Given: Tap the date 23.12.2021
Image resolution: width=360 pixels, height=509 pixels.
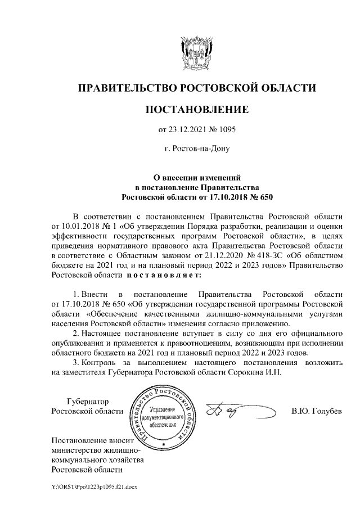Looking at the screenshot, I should (x=188, y=129).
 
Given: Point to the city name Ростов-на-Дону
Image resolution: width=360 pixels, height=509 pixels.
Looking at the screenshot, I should (x=196, y=149).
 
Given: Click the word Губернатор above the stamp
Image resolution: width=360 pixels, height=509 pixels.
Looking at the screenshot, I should (x=87, y=401).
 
